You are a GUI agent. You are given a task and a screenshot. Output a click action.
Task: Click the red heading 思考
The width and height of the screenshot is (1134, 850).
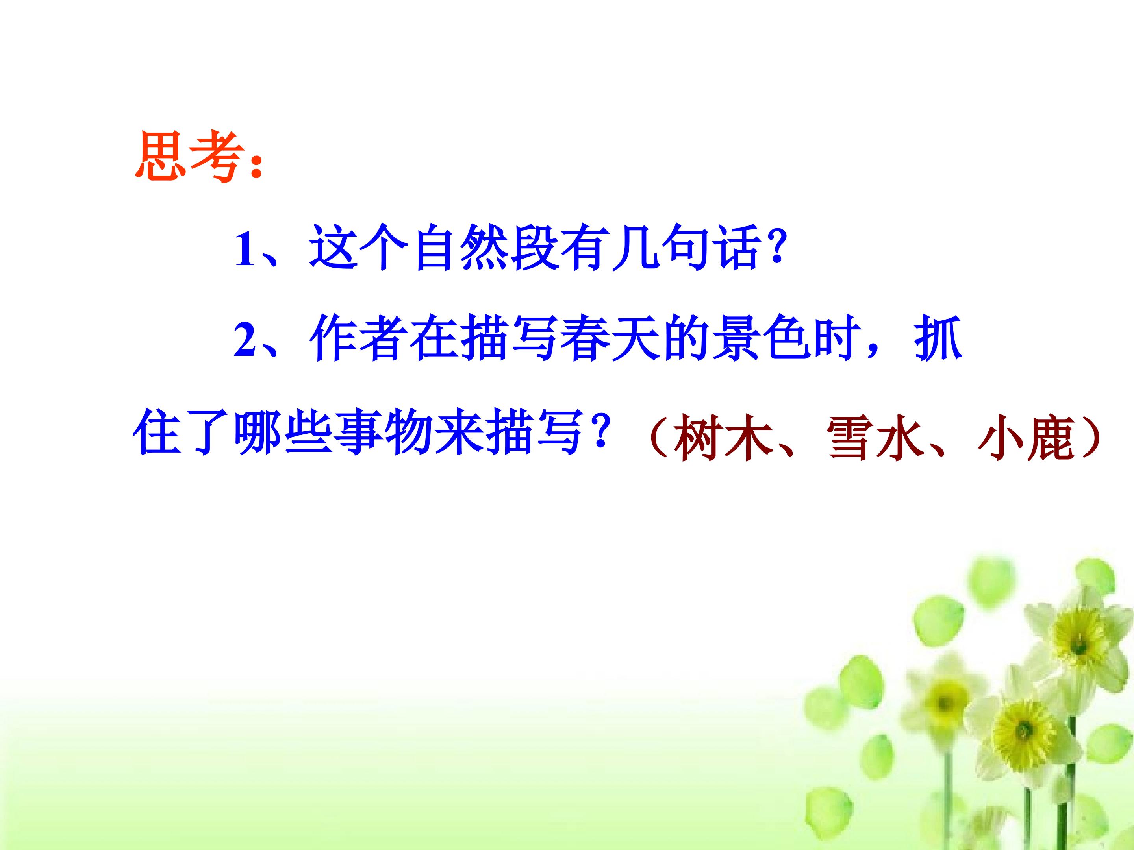(187, 158)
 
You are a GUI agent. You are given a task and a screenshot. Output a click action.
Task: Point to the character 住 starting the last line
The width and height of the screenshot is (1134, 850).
(158, 434)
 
